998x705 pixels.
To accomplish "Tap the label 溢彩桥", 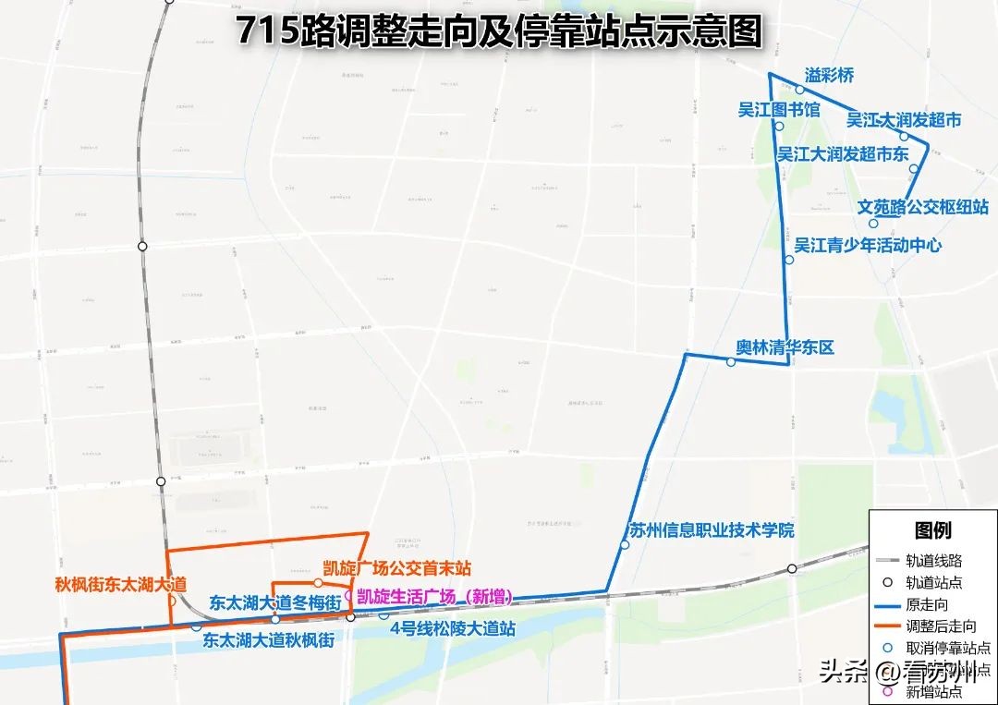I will pos(829,76).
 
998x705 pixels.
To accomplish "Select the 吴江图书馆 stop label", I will pos(779,109).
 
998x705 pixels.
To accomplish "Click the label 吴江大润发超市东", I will pos(843,153).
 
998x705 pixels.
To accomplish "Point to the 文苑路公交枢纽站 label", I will pos(923,207).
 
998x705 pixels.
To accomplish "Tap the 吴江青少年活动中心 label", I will pos(868,245).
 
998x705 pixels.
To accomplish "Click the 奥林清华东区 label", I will pos(785,347).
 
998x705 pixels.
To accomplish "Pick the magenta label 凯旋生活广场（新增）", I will pos(434,597).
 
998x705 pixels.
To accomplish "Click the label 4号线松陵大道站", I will pos(452,629).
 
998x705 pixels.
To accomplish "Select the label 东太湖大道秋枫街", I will pos(269,638).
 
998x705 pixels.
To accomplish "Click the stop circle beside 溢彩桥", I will pos(800,90).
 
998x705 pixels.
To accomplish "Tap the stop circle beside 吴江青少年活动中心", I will pos(788,261).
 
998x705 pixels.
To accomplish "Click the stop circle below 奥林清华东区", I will pos(731,362).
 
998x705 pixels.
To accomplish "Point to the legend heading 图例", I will pos(932,530).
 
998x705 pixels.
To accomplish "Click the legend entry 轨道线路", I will pos(932,560).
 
